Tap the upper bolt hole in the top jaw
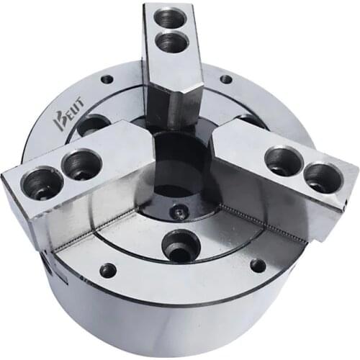(171, 18)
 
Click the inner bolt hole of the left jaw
(80, 164)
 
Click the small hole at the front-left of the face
(108, 270)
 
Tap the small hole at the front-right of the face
(257, 265)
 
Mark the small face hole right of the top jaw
(225, 78)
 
